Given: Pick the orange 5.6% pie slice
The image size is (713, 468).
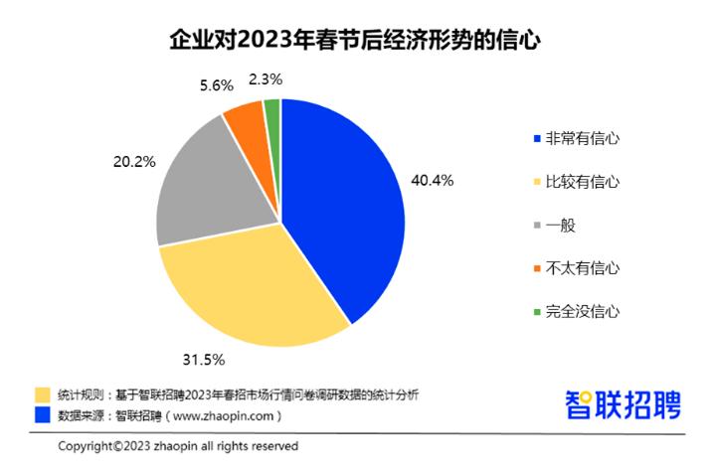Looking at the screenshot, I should point(244,119).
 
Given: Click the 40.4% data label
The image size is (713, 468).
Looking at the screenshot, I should point(432,180).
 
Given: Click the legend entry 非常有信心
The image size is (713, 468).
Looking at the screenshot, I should point(576,138).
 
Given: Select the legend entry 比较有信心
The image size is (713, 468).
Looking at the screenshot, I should point(576,182).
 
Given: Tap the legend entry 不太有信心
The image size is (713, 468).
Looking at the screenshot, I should point(576,267).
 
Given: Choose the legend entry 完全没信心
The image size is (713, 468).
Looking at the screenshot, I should point(576,311).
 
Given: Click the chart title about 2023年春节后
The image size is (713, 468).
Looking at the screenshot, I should point(355,41).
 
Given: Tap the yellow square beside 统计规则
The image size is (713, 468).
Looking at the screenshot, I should point(42,394).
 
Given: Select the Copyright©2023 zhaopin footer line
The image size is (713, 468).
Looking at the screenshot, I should point(178,446).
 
